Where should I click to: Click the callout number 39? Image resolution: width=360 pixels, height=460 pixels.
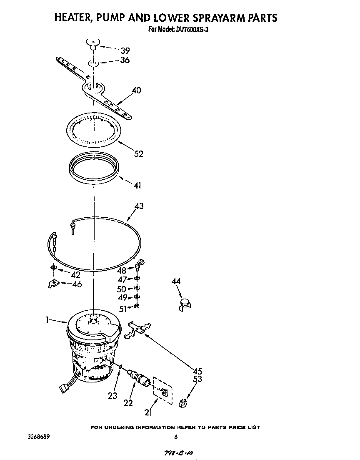(x=125, y=51)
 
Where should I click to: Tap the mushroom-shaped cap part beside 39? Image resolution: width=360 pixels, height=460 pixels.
(x=94, y=43)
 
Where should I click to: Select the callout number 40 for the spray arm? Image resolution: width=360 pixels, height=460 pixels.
(x=136, y=90)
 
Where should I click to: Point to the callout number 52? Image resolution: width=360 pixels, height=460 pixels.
(x=138, y=154)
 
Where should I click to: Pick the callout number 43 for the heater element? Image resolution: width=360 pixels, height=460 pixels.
(x=139, y=206)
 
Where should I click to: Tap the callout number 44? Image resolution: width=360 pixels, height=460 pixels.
(x=176, y=282)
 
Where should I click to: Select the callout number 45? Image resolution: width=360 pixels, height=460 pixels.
(x=197, y=371)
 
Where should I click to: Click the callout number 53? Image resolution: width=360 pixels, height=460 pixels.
(x=197, y=379)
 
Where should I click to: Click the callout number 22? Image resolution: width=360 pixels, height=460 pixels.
(x=128, y=403)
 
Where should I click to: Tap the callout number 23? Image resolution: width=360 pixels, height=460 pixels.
(x=113, y=396)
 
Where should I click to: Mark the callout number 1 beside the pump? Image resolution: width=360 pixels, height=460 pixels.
(x=47, y=320)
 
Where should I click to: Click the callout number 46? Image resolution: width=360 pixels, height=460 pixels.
(x=77, y=284)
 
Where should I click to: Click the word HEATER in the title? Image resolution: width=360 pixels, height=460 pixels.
(x=73, y=18)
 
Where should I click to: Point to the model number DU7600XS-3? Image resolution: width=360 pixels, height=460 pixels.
(x=185, y=30)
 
